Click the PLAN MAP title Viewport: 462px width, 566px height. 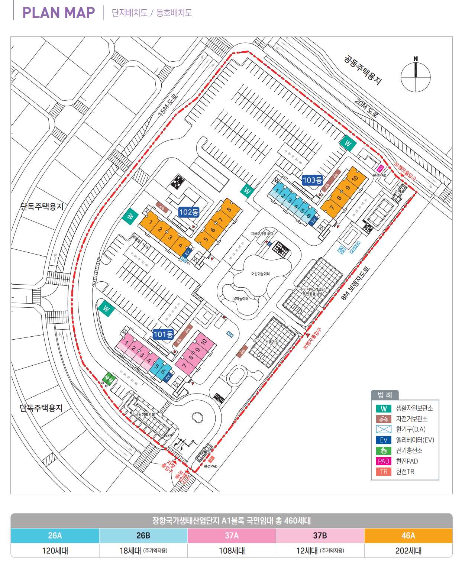[59, 13]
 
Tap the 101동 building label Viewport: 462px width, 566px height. [163, 334]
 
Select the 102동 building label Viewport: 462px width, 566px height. [189, 212]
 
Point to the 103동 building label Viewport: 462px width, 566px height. [312, 180]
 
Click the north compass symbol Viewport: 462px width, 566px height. [416, 76]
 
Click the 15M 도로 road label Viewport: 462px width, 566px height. [168, 105]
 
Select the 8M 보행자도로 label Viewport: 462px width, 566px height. [356, 283]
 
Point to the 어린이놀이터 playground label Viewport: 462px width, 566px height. [260, 274]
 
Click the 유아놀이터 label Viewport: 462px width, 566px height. [240, 298]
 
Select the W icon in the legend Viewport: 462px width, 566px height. [384, 408]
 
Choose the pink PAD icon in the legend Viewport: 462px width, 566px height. [384, 461]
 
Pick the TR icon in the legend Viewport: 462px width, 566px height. [384, 472]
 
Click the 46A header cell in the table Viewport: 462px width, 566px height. [408, 536]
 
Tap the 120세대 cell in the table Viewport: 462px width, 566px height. [55, 550]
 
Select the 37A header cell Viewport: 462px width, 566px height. [232, 536]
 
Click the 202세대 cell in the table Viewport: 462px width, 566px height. [408, 550]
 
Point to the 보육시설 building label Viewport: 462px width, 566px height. [272, 342]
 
